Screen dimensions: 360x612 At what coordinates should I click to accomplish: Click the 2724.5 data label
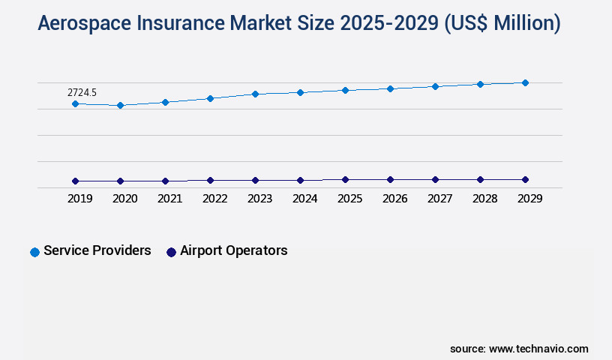(82, 92)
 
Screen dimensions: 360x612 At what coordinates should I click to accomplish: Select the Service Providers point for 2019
(75, 103)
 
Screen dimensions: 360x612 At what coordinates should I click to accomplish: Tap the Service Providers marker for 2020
(120, 106)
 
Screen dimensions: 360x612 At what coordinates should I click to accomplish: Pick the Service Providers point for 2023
(255, 94)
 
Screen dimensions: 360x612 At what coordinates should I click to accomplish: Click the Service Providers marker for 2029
(525, 82)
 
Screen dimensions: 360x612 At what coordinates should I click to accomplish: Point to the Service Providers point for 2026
(390, 88)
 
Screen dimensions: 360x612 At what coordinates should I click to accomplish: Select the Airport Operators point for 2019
(75, 181)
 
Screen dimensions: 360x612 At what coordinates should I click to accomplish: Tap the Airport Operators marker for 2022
(210, 180)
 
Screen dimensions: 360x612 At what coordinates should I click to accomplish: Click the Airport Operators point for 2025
(345, 179)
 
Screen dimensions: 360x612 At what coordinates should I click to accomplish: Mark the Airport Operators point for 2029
(525, 179)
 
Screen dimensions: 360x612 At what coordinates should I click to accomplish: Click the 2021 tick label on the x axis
(169, 199)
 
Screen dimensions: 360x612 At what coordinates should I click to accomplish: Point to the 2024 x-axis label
(304, 199)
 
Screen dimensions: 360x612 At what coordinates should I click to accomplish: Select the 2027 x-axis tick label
(439, 199)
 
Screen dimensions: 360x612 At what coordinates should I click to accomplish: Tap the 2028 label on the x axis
(484, 199)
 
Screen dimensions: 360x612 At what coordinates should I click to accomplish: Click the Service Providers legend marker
(34, 252)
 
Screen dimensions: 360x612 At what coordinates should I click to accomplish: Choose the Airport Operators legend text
(233, 250)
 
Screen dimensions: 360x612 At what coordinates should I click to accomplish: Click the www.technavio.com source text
(538, 349)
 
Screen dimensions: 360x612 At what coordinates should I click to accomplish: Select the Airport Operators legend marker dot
(171, 252)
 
